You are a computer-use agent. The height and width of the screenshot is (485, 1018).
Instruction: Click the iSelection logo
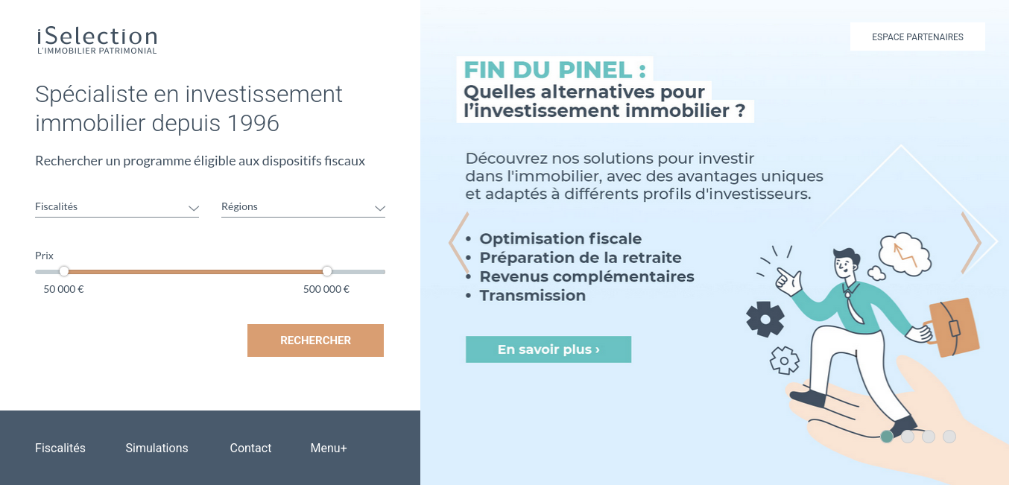click(97, 41)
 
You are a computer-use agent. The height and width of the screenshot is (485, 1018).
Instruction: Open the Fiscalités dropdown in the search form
click(117, 207)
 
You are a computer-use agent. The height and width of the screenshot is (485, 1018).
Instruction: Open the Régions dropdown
click(303, 207)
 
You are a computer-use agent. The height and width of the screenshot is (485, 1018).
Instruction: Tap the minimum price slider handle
click(64, 272)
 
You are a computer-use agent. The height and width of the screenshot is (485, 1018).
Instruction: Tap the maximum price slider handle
click(326, 272)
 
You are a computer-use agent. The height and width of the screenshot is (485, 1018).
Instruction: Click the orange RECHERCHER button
click(315, 340)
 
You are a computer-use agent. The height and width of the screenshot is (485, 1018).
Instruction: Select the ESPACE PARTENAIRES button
click(917, 37)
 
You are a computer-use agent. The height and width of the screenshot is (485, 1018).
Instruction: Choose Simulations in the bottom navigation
click(157, 448)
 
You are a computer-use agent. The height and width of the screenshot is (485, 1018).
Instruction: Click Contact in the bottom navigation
click(250, 448)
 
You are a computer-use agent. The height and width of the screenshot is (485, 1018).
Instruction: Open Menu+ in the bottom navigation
click(329, 448)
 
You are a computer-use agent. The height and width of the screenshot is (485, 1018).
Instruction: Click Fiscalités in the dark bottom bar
click(60, 448)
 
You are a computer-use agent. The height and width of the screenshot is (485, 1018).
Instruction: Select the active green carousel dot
click(887, 437)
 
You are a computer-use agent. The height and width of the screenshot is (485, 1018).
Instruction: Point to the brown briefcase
click(952, 327)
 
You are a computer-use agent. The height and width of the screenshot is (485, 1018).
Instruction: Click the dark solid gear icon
click(765, 320)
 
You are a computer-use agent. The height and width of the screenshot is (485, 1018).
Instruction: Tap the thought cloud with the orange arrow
click(905, 254)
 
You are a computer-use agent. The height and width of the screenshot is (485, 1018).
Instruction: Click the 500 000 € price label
click(326, 289)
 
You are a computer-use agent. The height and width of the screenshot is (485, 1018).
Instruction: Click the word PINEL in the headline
click(595, 70)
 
